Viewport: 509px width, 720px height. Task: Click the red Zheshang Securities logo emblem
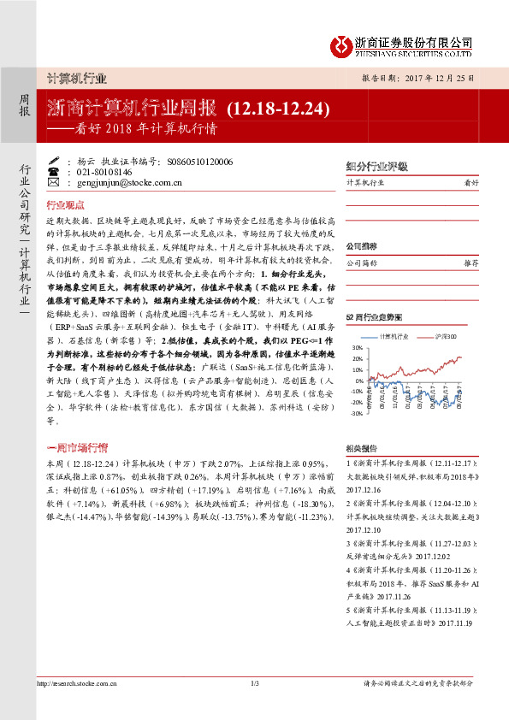tap(340, 43)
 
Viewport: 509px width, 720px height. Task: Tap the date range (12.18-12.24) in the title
tap(278, 109)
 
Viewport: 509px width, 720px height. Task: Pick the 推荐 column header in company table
tap(471, 264)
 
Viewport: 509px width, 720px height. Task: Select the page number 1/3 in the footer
tap(254, 682)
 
